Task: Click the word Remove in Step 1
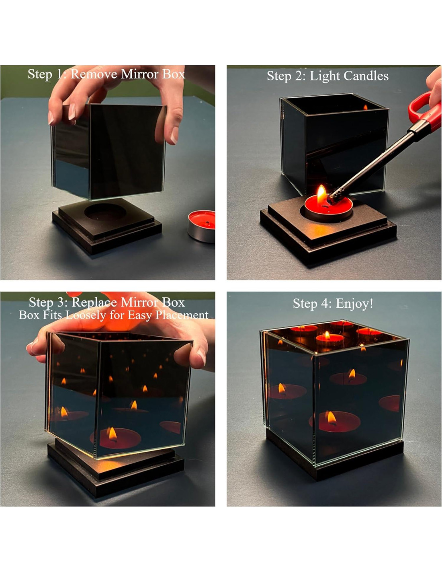tap(94, 74)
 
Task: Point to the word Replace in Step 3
tap(95, 302)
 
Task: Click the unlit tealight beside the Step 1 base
tap(201, 226)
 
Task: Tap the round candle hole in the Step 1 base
tap(105, 212)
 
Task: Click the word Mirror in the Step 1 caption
tap(139, 74)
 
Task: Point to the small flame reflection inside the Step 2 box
tap(366, 107)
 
